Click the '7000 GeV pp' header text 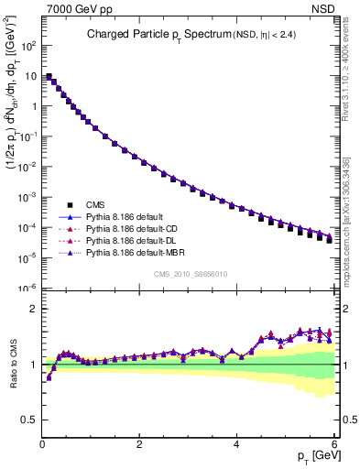[74, 8]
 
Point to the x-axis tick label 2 [139, 443]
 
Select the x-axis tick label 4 [236, 443]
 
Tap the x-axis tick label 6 [333, 443]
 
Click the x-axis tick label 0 [42, 443]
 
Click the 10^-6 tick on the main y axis [28, 288]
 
